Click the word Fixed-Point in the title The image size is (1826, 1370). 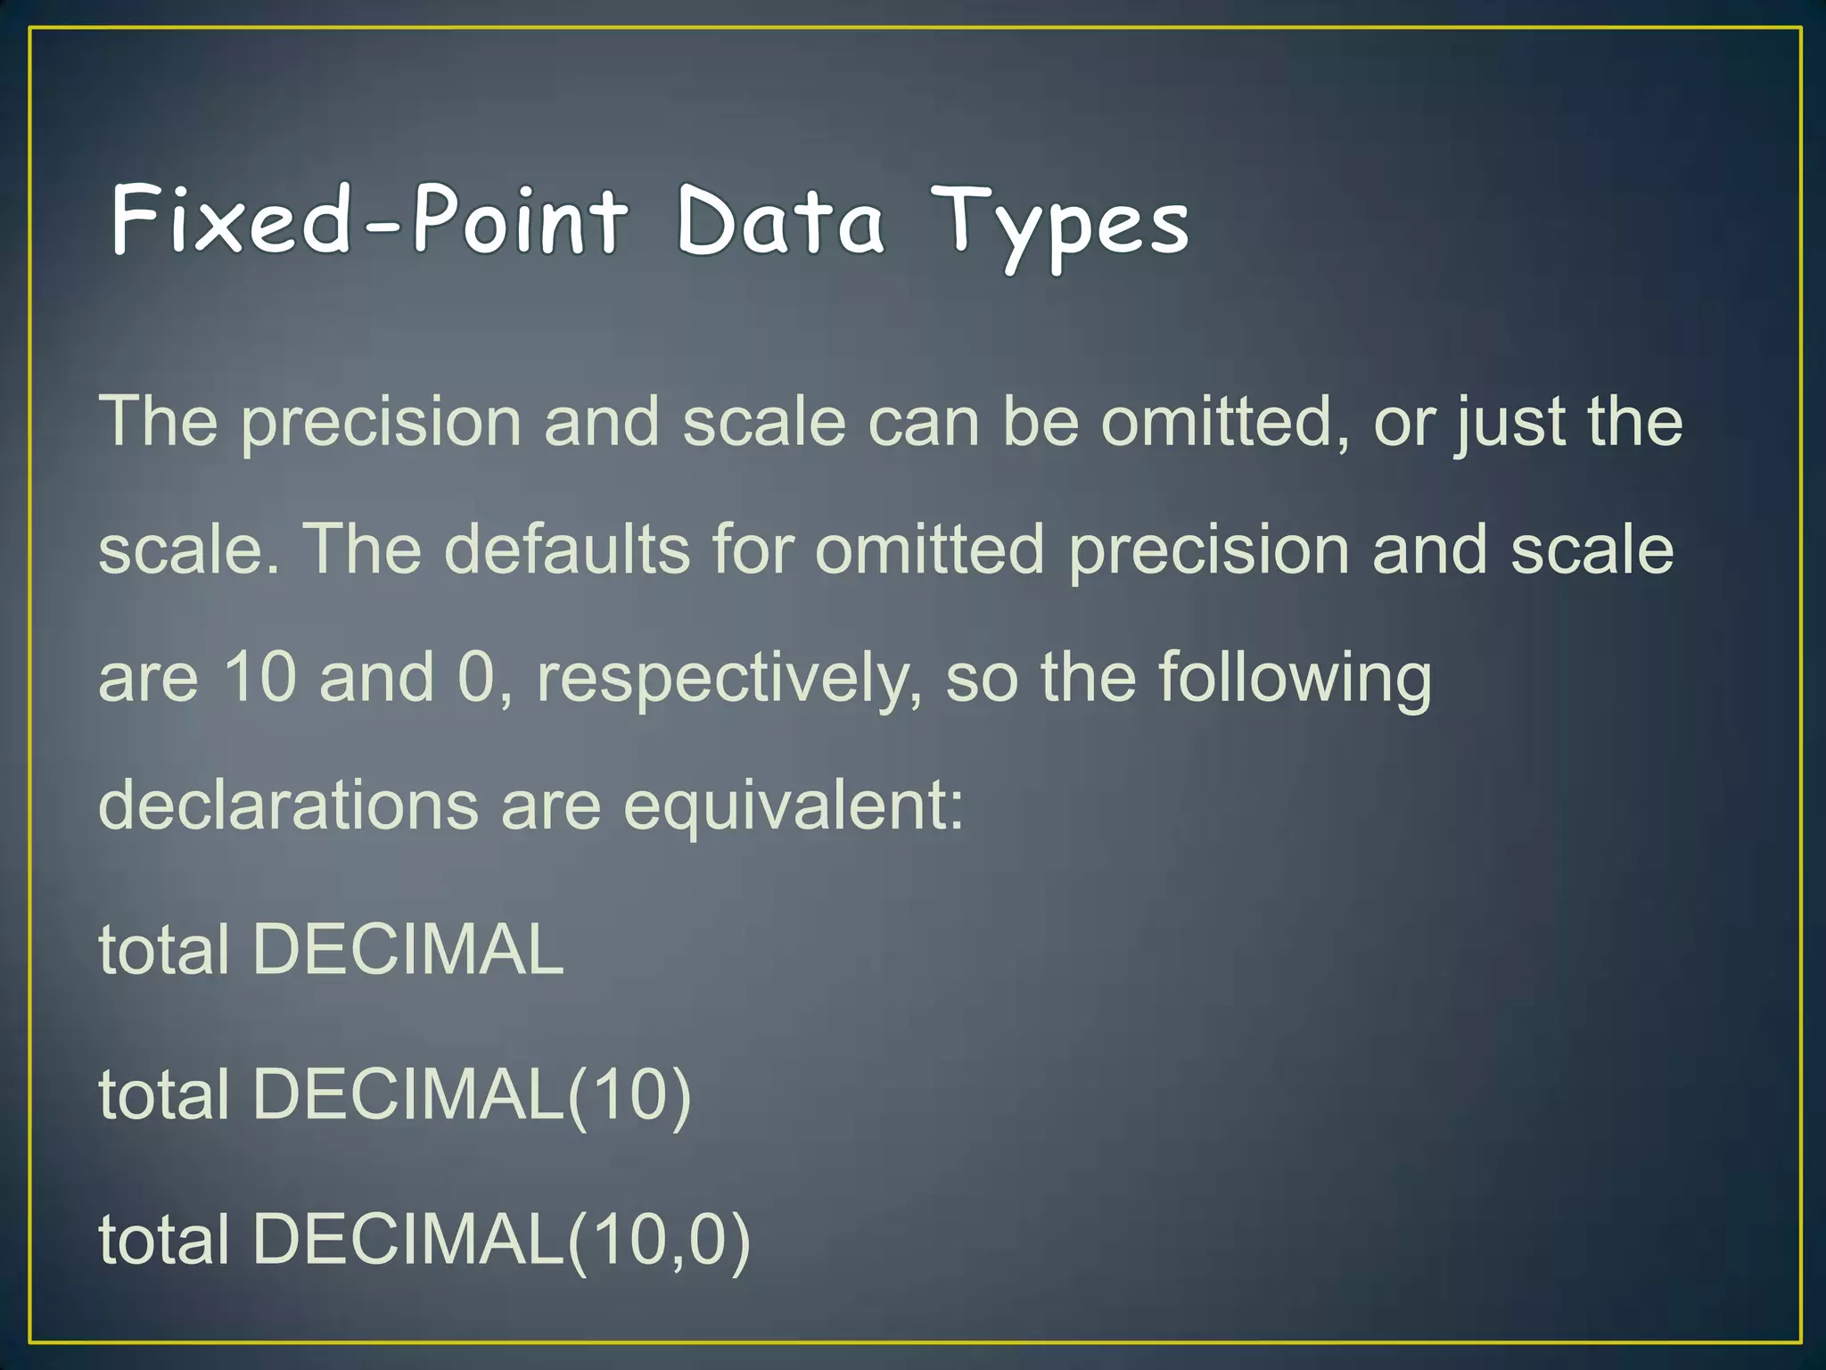point(369,219)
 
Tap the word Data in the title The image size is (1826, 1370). point(780,219)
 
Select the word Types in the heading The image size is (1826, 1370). point(1060,225)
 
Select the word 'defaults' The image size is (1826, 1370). point(567,549)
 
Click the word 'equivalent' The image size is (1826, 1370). point(793,805)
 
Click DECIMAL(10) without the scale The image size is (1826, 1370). point(472,1094)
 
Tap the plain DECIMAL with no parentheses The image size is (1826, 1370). point(407,949)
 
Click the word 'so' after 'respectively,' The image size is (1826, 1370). point(981,678)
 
